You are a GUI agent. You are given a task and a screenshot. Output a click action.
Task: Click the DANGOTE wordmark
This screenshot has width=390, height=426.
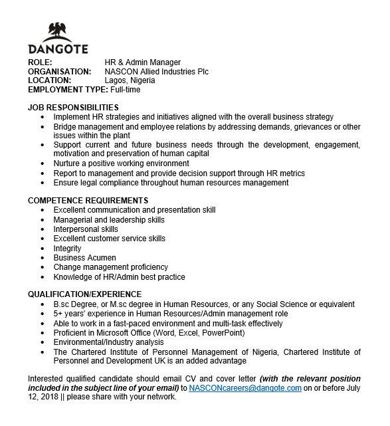[59, 50]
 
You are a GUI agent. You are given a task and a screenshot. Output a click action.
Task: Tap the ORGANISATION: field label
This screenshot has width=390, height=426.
[59, 72]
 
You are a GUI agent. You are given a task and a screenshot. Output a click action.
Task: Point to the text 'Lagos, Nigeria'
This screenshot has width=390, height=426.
[130, 80]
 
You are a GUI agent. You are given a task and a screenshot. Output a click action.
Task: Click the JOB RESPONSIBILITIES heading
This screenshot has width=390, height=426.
[73, 108]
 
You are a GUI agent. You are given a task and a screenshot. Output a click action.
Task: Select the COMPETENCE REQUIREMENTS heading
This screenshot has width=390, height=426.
[88, 201]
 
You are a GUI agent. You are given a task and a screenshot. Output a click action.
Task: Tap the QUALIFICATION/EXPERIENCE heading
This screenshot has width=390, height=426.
[84, 294]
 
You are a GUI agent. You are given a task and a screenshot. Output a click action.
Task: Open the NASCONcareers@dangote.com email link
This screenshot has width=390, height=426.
[245, 388]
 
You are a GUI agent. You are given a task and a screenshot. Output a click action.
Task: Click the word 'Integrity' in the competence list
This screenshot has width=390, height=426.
[67, 248]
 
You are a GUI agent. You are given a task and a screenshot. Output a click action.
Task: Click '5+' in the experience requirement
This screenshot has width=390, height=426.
[58, 314]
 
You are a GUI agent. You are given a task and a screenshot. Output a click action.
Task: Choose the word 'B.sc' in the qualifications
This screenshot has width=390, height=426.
[62, 304]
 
